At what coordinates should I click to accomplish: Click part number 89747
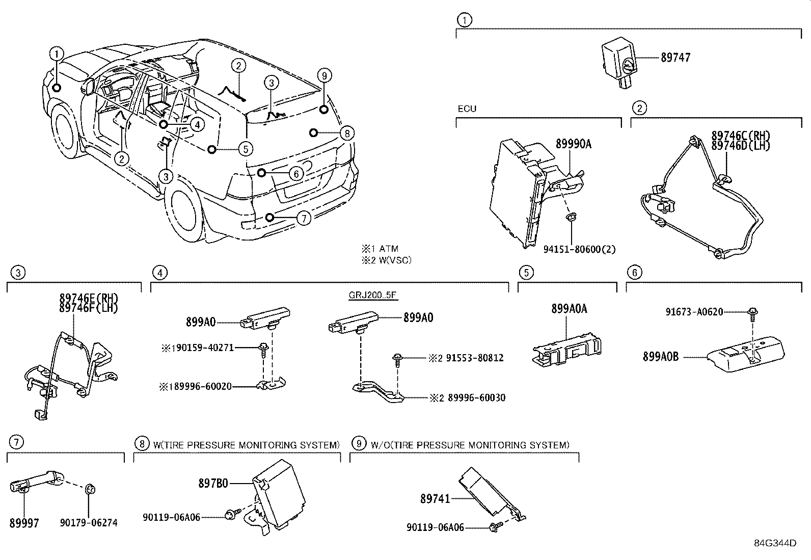675,58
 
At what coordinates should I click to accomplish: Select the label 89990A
573,144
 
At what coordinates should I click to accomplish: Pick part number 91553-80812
475,358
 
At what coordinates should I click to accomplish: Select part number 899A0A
569,309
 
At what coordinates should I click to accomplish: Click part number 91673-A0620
694,312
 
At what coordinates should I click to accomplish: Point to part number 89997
24,523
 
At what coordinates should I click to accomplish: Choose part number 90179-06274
89,523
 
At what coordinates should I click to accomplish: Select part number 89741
435,498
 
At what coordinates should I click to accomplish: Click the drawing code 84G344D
775,543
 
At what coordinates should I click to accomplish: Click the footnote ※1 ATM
380,249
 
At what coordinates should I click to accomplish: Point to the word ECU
467,109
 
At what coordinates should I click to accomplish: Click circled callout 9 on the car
324,76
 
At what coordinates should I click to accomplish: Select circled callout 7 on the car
303,219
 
